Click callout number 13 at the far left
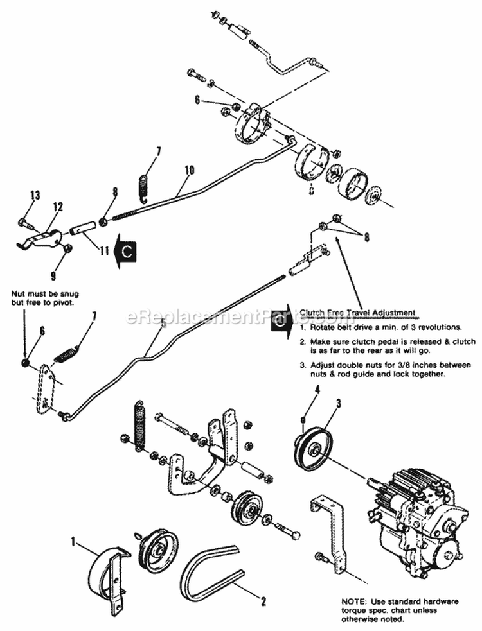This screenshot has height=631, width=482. [x=35, y=194]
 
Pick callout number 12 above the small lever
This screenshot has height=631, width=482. [x=58, y=207]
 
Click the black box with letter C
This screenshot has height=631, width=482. [x=127, y=252]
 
